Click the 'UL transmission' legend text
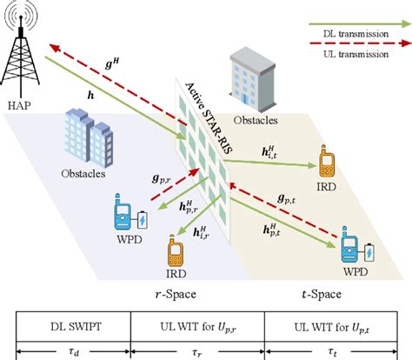point(363,55)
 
